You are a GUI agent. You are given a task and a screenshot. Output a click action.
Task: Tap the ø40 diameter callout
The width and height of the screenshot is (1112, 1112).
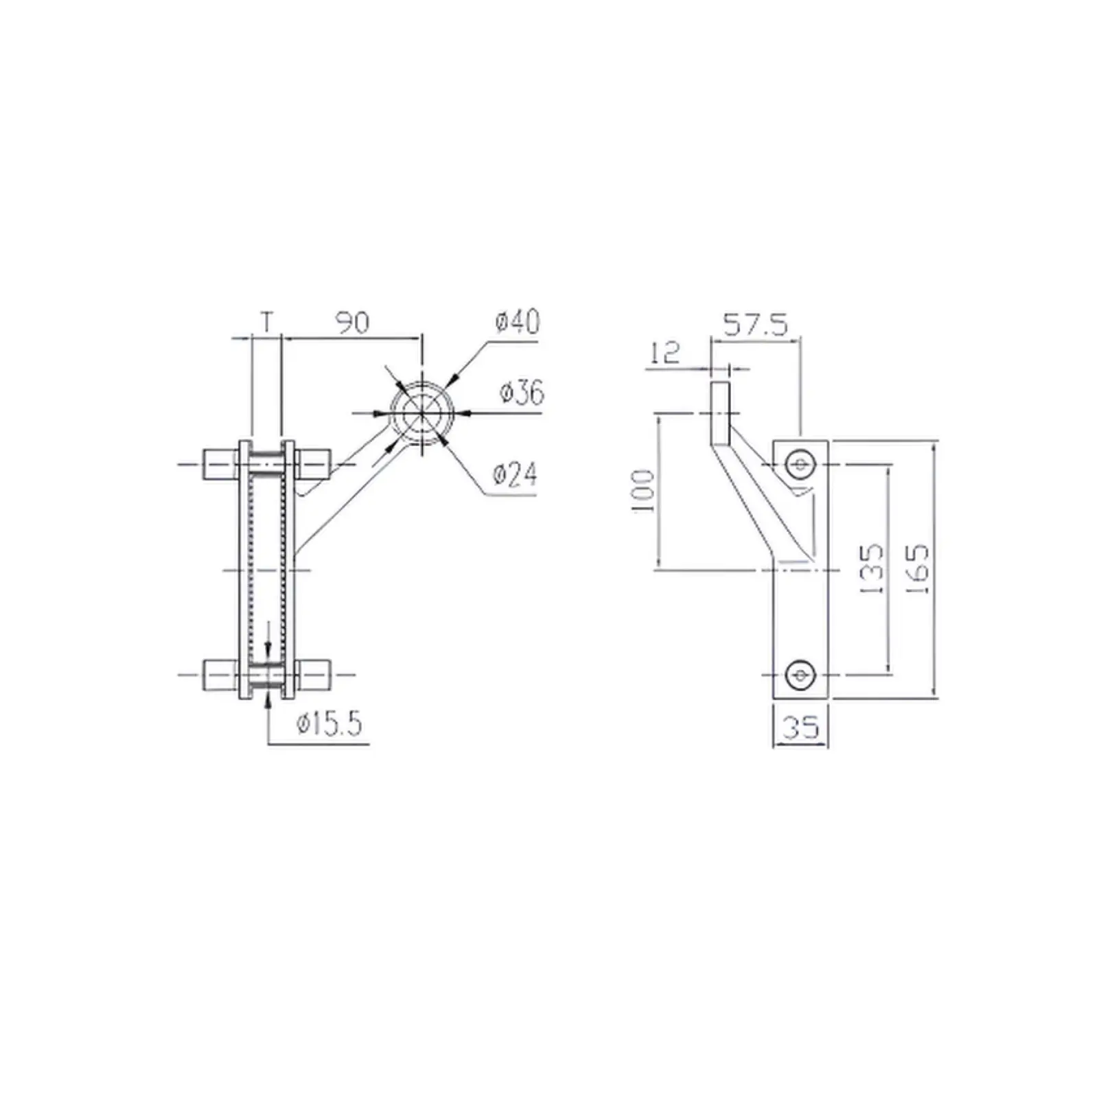point(516,322)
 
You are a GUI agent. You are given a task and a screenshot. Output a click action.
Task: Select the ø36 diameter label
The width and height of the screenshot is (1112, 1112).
point(522,393)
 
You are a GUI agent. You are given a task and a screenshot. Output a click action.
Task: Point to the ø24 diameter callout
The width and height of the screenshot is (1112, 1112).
point(515,474)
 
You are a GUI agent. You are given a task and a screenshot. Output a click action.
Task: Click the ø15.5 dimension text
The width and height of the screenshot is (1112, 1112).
point(329,725)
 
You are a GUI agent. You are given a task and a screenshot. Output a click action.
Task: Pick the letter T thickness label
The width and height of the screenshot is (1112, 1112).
point(268,321)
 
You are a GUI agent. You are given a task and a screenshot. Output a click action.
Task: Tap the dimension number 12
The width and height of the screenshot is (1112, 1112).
point(664,353)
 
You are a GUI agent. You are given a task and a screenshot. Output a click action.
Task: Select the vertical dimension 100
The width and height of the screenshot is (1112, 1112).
point(644,491)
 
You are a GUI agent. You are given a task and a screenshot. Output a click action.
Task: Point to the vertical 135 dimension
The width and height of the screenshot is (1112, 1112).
point(871,569)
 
